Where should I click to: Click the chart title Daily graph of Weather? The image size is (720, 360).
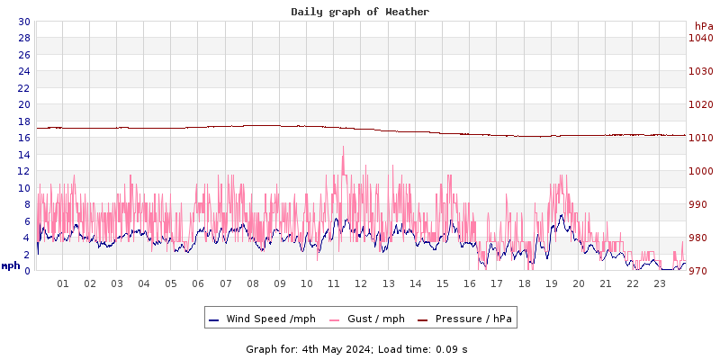[360, 12]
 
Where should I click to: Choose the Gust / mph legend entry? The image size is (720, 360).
[375, 319]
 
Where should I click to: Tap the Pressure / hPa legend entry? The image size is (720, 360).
[473, 319]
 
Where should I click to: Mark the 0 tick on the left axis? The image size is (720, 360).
[27, 270]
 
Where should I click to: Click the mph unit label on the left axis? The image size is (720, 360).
[11, 265]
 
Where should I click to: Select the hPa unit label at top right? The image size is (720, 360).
[703, 26]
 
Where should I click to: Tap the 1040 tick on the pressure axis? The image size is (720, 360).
[701, 38]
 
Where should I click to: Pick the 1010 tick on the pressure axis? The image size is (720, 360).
[701, 138]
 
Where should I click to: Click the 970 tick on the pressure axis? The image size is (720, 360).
[701, 270]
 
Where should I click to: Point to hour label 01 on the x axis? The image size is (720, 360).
[63, 283]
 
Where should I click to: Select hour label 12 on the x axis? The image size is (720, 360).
[361, 283]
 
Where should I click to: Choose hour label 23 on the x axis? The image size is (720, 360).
[660, 283]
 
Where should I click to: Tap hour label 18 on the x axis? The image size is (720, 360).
[524, 283]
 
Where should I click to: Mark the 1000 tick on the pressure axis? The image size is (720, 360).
[701, 171]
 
